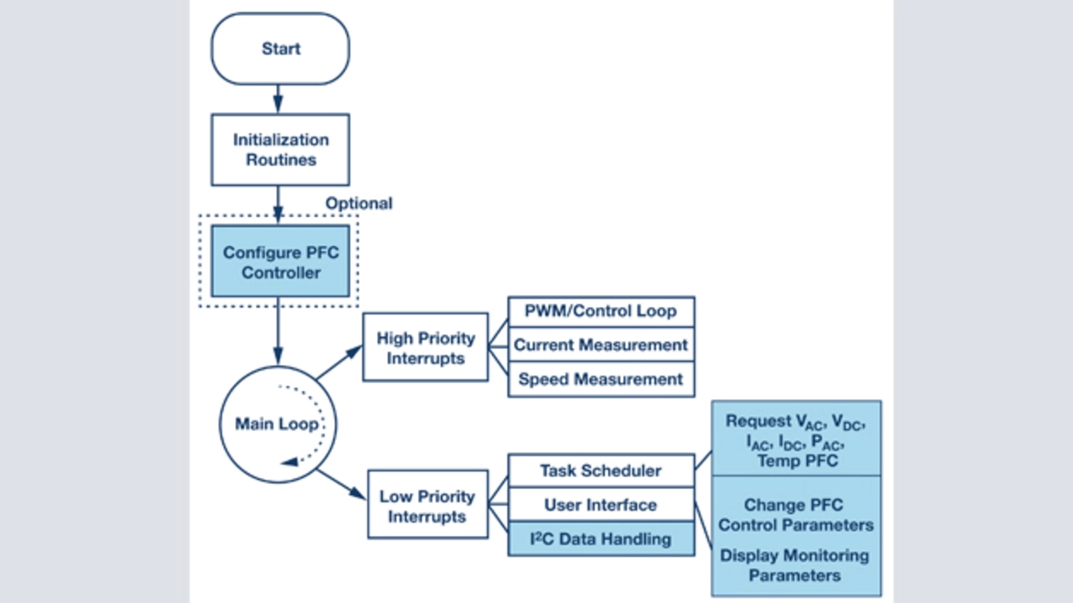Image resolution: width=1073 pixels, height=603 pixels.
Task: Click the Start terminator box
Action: point(280,49)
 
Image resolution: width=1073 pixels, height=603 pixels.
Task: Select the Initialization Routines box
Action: point(280,149)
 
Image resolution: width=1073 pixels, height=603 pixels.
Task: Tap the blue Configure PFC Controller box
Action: point(280,261)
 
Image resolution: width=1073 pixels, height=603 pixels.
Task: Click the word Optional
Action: point(359,203)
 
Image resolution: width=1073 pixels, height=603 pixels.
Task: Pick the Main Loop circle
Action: point(277,424)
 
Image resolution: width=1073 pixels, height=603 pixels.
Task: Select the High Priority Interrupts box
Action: point(425,347)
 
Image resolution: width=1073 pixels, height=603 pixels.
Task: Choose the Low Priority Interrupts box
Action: point(428,505)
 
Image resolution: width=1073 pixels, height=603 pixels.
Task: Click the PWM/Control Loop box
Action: point(601,310)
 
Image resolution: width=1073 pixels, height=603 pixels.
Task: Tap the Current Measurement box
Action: point(601,345)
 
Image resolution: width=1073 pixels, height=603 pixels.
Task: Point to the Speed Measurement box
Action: point(601,379)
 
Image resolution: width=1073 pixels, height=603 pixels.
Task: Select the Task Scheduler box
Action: point(601,470)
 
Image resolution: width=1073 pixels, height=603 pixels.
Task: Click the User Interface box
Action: point(601,505)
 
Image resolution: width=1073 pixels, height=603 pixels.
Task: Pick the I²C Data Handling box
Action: point(601,539)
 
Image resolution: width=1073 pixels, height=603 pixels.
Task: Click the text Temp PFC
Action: point(796,460)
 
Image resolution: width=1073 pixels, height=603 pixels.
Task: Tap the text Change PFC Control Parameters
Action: point(796,515)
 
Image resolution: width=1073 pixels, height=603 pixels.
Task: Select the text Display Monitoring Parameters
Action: point(796,565)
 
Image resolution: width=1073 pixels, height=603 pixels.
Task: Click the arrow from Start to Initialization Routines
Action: point(278,100)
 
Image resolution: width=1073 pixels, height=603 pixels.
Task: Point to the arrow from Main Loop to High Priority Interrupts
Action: point(339,365)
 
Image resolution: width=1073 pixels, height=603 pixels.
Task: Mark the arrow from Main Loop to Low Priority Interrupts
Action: point(341,484)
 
